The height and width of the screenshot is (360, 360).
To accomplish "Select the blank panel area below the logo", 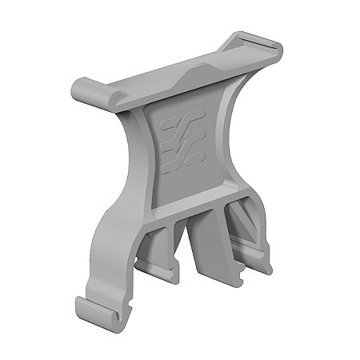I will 180,180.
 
